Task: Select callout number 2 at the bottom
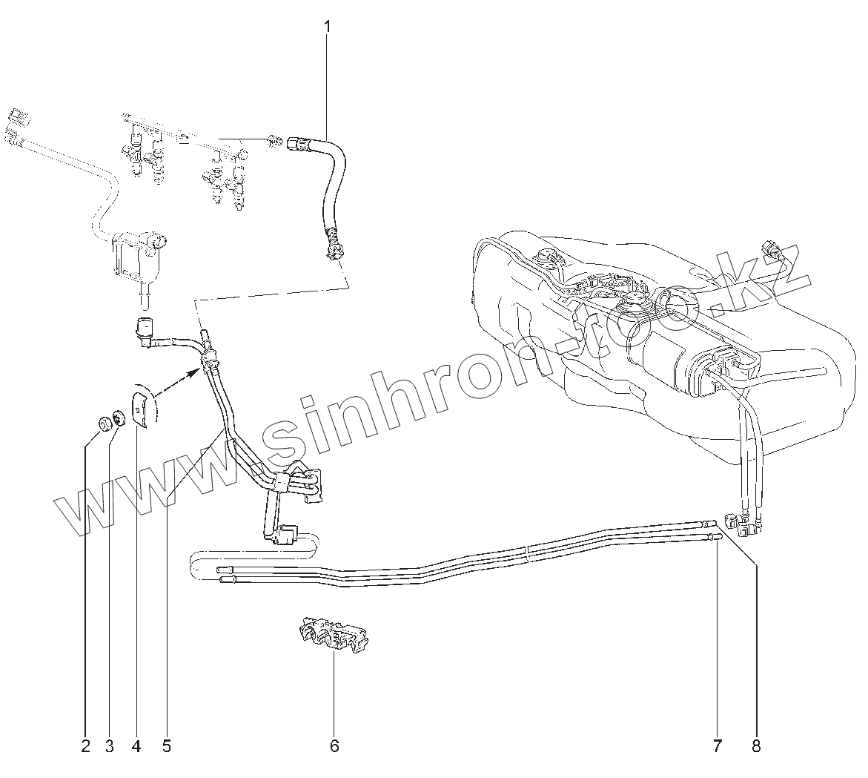tap(85, 745)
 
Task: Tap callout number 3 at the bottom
tap(110, 745)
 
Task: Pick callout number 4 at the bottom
tap(136, 745)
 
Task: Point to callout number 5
tap(166, 745)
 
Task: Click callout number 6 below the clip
tap(334, 745)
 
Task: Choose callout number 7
tap(717, 745)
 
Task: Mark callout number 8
tap(756, 745)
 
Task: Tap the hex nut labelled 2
tap(105, 423)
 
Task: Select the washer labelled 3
tap(118, 418)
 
